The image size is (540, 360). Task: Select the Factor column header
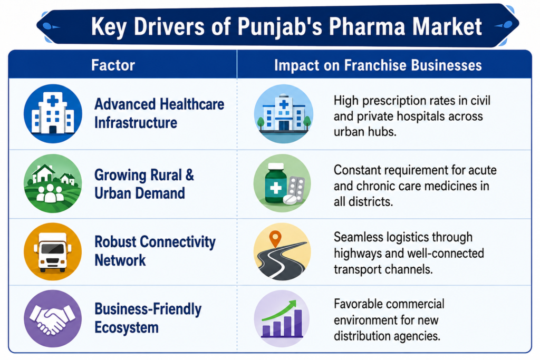113,65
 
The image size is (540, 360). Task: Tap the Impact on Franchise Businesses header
378,65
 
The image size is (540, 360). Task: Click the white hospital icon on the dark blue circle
53,113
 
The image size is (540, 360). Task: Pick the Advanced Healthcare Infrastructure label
159,113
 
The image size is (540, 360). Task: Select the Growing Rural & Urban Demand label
144,184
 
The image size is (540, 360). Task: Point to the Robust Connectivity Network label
155,251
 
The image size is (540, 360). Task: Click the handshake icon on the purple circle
53,319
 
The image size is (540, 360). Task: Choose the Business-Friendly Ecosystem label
148,318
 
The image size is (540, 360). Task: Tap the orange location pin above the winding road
275,239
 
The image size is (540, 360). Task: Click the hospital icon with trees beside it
283,113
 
